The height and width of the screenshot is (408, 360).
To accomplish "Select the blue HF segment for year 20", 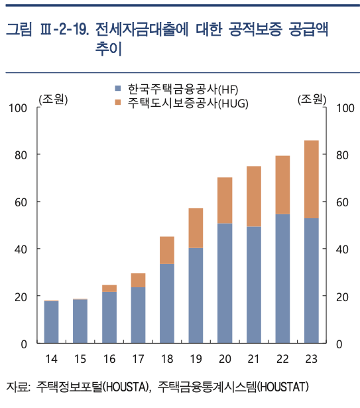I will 224,283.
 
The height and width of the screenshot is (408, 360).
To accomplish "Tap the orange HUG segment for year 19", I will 196,228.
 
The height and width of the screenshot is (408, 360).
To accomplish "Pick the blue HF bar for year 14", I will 51,322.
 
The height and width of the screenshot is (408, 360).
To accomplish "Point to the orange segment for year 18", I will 166,250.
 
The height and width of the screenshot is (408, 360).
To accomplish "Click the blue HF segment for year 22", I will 282,279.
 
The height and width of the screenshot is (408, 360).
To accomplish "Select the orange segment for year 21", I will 253,196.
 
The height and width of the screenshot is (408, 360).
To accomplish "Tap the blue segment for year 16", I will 109,317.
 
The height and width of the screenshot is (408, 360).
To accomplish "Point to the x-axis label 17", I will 137,359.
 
